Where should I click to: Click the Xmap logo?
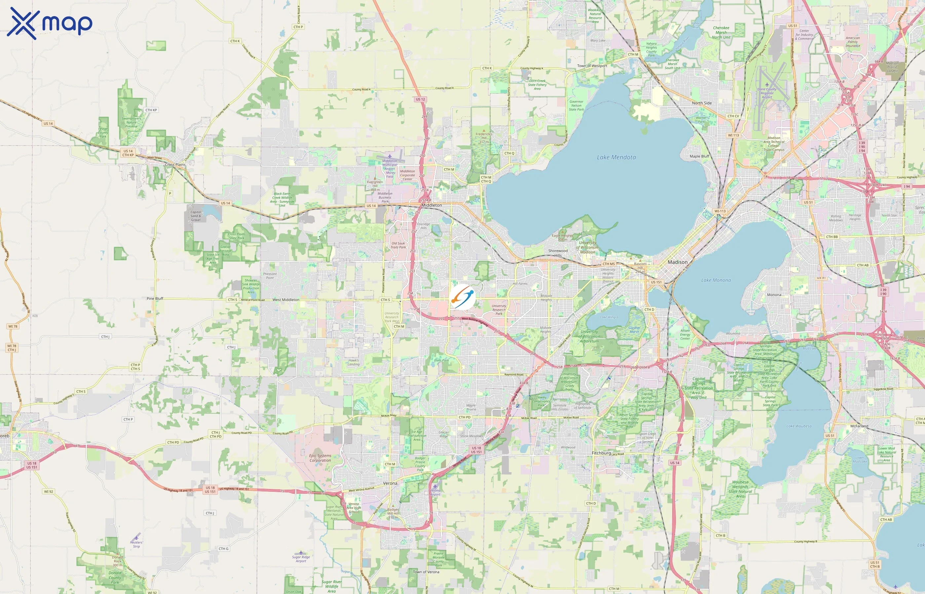point(50,23)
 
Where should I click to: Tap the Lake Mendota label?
point(616,157)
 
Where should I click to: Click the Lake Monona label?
point(716,280)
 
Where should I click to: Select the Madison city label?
point(678,262)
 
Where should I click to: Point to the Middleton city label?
point(432,205)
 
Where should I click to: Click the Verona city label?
point(390,483)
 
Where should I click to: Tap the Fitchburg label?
point(601,453)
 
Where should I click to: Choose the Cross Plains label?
point(175,165)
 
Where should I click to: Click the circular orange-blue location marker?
point(462,297)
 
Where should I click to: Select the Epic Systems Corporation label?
point(320,458)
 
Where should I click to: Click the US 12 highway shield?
point(421,100)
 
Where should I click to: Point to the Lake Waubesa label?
point(799,426)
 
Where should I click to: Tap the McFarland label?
point(859,426)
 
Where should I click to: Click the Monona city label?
point(774,295)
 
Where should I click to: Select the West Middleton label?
point(286,300)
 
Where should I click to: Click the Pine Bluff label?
point(155,299)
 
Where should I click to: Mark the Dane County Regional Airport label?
point(767,93)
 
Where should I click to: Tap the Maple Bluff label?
point(700,156)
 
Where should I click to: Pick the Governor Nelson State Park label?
point(576,106)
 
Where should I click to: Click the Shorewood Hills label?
point(558,253)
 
